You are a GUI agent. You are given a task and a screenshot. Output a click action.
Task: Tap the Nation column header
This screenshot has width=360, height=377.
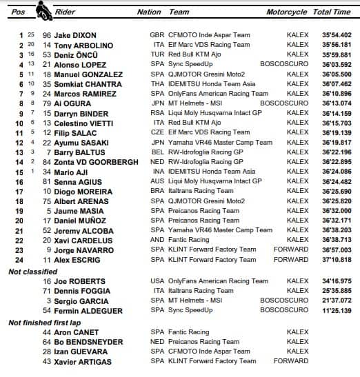point(149,12)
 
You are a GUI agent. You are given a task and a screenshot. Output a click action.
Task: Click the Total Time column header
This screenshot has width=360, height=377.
point(332,12)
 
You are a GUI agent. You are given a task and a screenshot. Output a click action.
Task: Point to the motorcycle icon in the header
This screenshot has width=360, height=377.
point(45,11)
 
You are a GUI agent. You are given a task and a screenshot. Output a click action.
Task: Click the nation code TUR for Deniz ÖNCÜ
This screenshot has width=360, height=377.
point(157,54)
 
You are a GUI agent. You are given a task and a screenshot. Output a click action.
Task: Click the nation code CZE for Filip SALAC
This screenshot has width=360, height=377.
point(157,132)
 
